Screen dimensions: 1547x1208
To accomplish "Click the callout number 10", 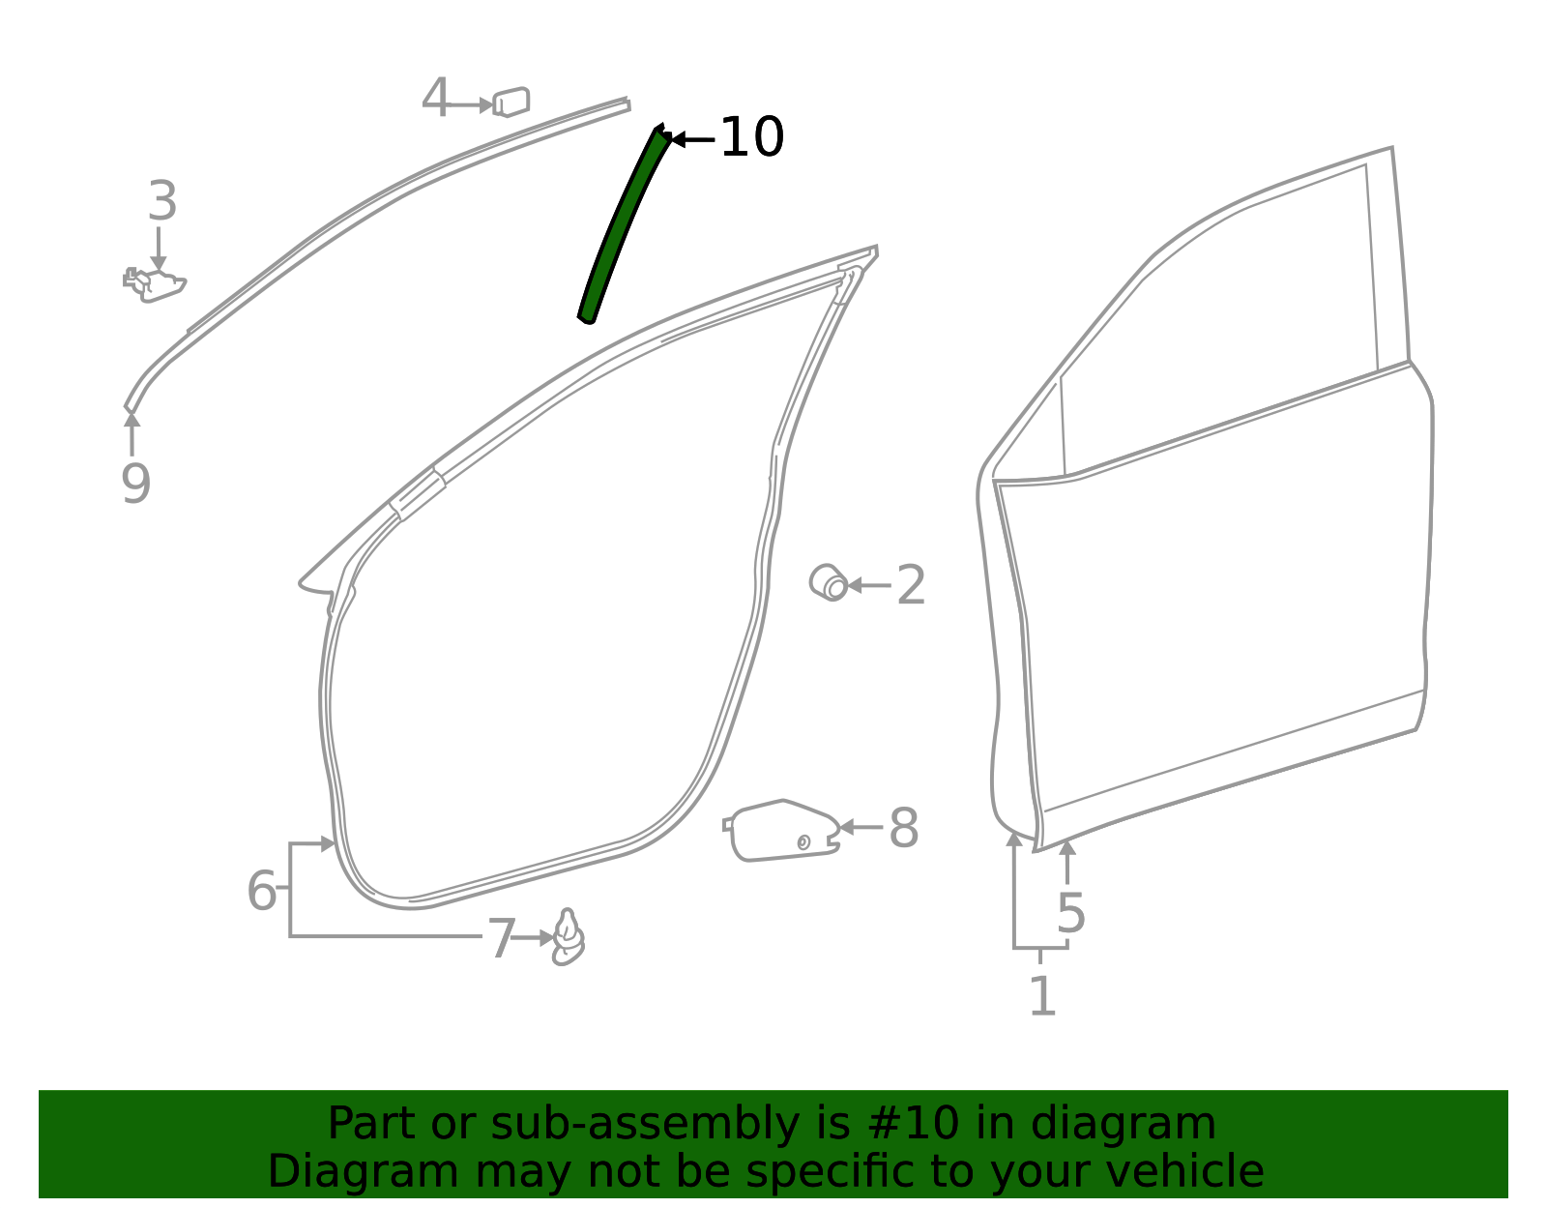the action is coord(752,136).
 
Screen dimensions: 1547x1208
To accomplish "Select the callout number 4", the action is coord(436,98).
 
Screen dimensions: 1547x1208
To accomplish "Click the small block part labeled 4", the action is coord(511,102).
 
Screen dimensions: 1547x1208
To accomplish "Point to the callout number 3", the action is coord(162,200).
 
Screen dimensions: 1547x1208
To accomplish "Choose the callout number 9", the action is coord(136,484).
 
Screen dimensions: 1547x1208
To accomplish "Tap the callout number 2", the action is coord(911,585).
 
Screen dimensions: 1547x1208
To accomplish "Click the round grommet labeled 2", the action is coord(828,583).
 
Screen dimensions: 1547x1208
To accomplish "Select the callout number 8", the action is coord(903,829).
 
